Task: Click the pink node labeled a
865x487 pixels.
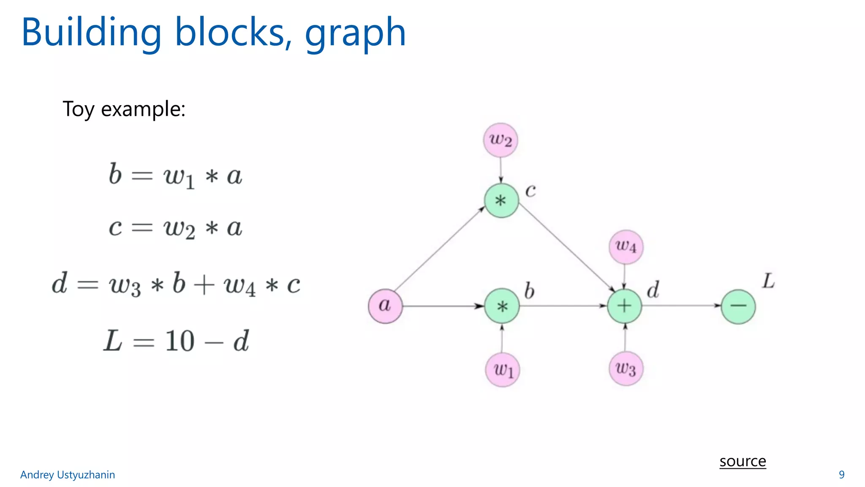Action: click(x=385, y=306)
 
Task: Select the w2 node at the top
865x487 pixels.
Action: click(x=501, y=140)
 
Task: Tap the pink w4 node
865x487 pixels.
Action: click(x=626, y=247)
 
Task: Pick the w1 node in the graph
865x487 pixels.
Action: click(x=503, y=370)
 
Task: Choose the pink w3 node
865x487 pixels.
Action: click(x=626, y=369)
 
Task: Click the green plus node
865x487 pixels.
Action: click(x=624, y=306)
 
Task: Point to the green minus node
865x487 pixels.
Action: click(x=738, y=306)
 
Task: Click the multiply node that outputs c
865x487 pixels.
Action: click(x=501, y=200)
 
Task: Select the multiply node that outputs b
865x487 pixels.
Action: click(x=502, y=306)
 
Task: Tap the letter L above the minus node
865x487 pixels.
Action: click(x=768, y=281)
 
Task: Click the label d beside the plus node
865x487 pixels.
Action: click(x=653, y=290)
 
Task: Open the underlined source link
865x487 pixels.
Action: click(x=743, y=461)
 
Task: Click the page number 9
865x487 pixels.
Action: click(x=841, y=475)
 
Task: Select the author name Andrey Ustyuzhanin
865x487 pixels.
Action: click(x=68, y=475)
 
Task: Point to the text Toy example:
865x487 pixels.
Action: click(x=124, y=109)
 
